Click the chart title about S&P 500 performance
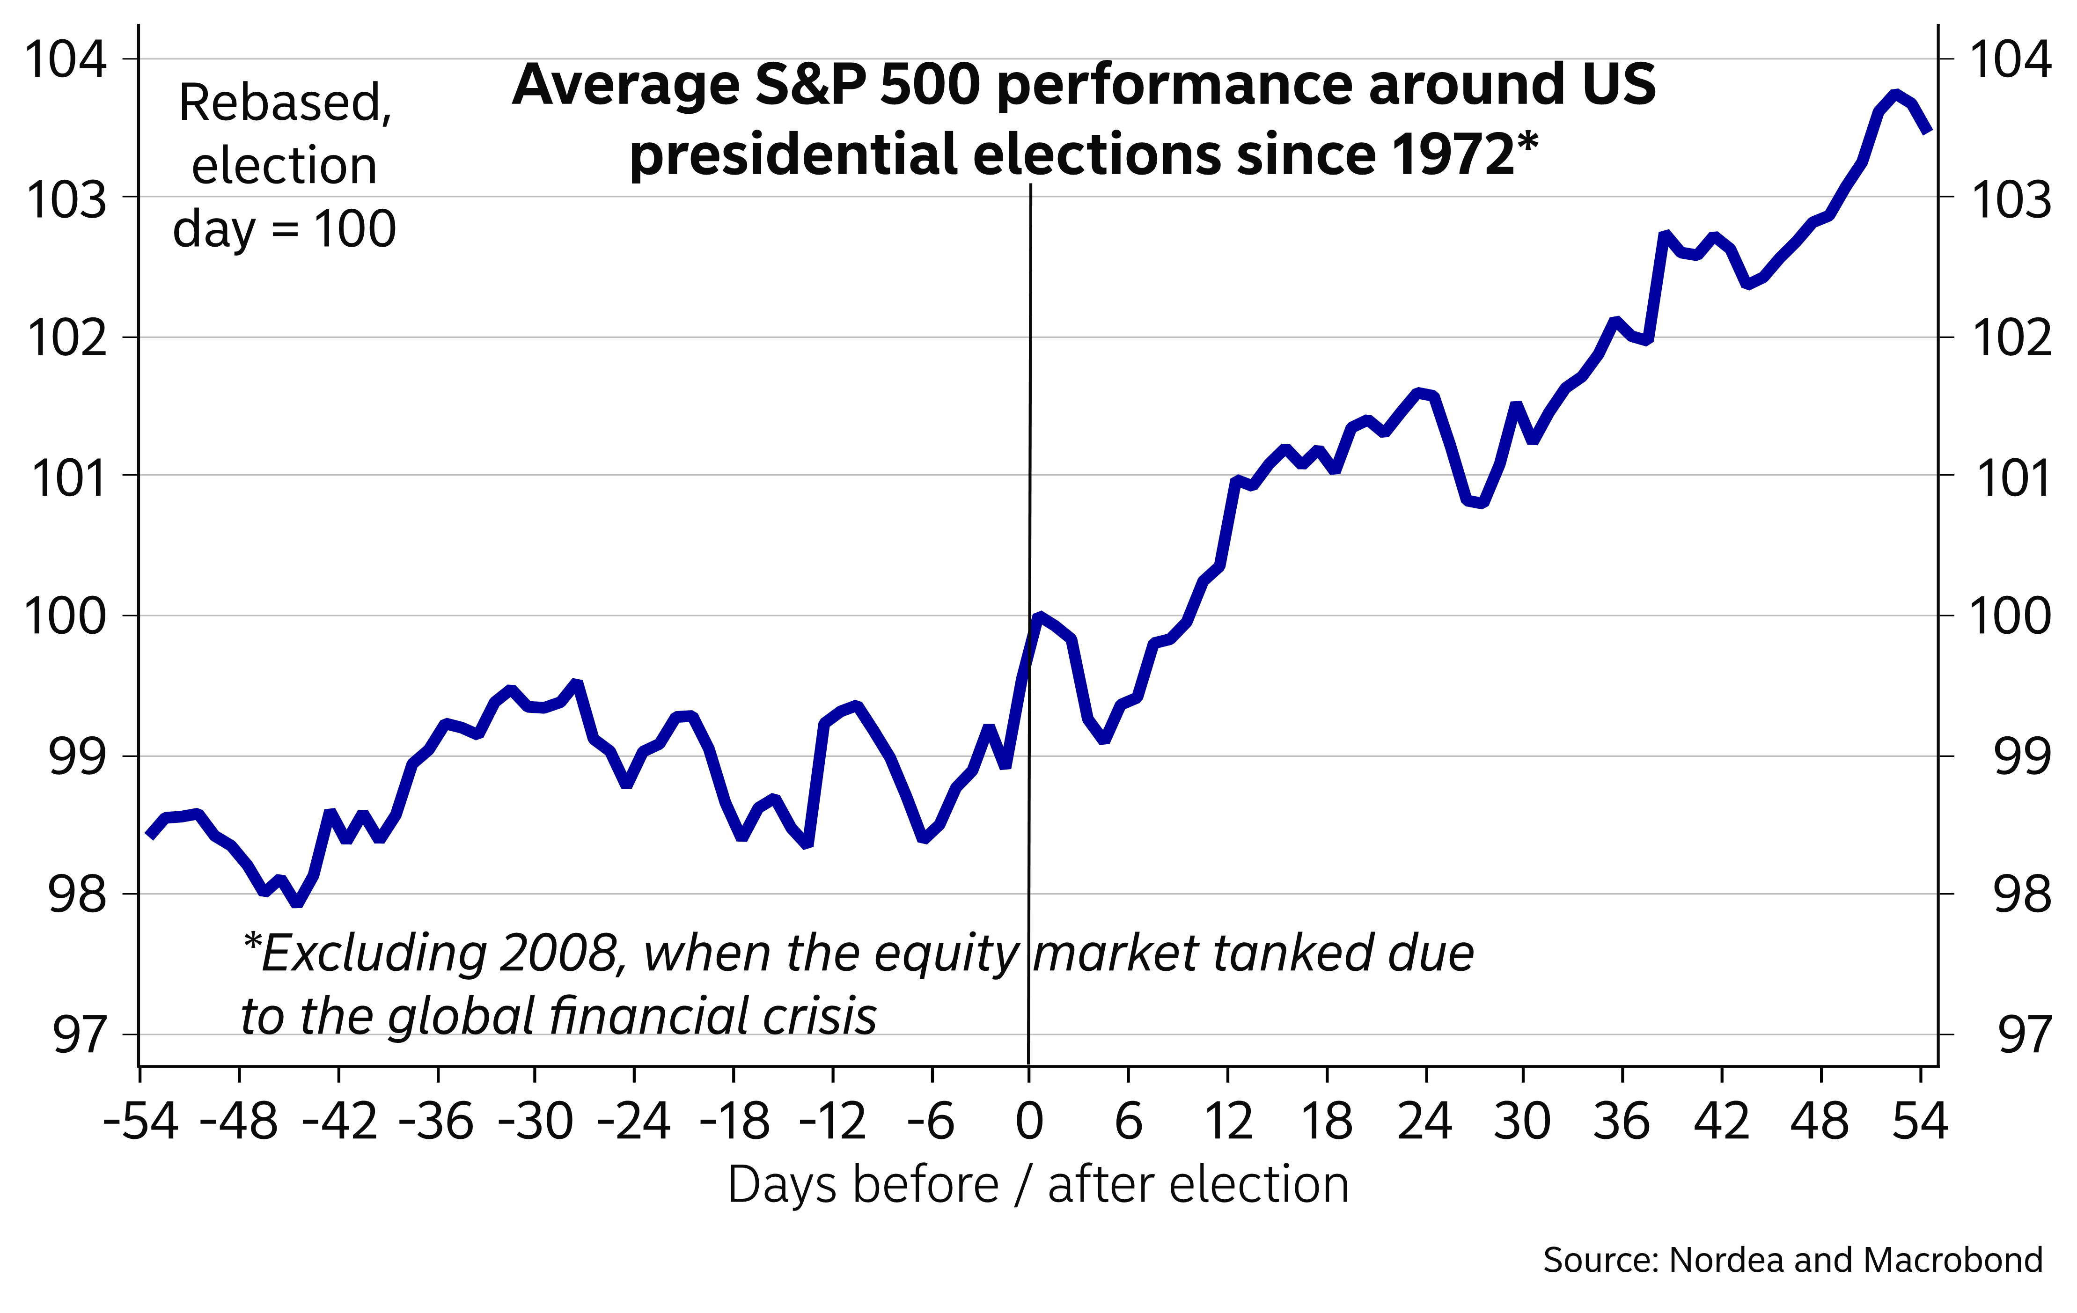[x=1083, y=119]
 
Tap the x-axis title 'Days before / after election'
[x=1038, y=1184]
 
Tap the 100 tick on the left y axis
[x=66, y=616]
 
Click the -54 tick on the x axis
[x=140, y=1122]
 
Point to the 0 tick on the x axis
[x=1029, y=1122]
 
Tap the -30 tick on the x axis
[x=536, y=1122]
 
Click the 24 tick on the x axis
[x=1425, y=1122]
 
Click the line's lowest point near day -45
[x=297, y=903]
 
